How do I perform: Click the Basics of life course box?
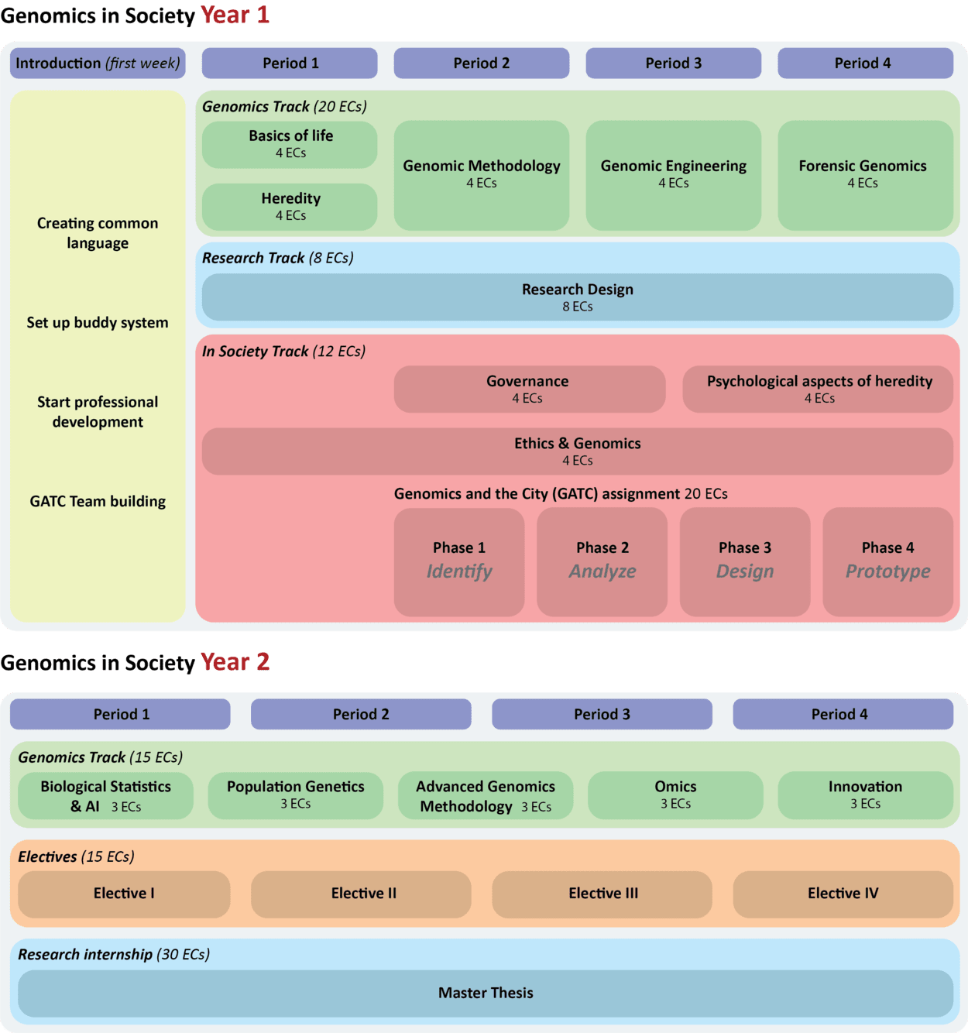290,144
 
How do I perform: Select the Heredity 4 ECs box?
290,207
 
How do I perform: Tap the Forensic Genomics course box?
864,174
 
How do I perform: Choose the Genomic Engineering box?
673,174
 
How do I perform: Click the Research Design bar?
577,297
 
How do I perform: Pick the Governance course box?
529,389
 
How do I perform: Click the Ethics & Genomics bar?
577,451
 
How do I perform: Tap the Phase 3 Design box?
744,561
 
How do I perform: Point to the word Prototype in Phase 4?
887,571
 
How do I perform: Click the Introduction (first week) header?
98,63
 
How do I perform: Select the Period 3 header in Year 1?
673,63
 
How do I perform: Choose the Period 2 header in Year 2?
361,714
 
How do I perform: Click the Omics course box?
675,795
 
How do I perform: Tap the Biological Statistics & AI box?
105,795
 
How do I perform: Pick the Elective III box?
602,894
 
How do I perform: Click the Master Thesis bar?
486,993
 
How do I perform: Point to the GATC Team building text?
98,501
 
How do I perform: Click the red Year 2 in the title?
235,662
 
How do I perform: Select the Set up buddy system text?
98,322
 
